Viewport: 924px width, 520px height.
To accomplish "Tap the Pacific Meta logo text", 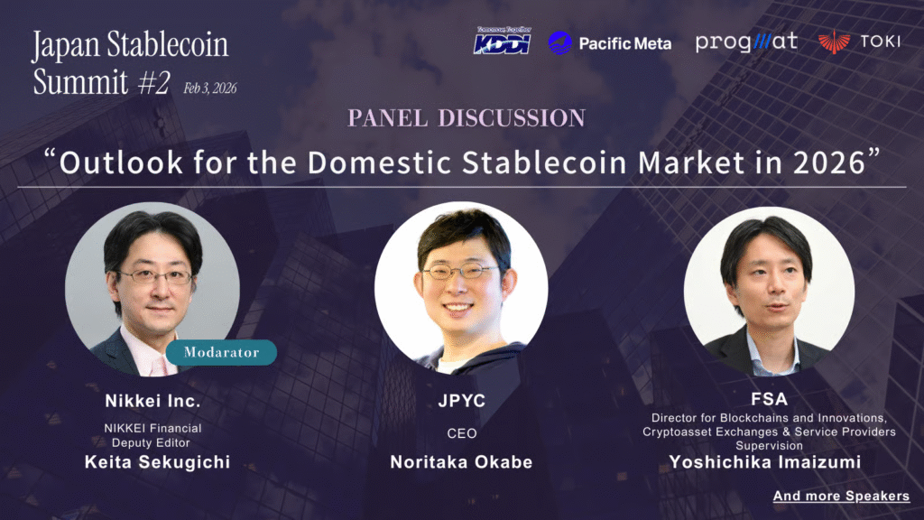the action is tap(624, 43).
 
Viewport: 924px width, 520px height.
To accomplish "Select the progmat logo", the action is tap(746, 42).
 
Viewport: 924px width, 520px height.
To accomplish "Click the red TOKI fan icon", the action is tap(834, 42).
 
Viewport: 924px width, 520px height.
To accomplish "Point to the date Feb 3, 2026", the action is tap(209, 88).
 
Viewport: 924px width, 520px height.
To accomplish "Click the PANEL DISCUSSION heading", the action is tap(467, 118).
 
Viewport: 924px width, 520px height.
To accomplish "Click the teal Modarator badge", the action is tap(221, 352).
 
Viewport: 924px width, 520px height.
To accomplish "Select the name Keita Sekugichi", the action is tap(157, 461).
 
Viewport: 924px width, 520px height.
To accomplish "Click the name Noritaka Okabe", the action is tap(461, 461).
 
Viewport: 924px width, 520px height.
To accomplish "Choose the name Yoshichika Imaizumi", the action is tap(765, 461).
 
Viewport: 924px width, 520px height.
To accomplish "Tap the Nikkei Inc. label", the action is tap(152, 401).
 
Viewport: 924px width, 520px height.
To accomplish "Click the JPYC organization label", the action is tap(462, 401).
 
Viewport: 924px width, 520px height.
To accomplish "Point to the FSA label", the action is tap(769, 399).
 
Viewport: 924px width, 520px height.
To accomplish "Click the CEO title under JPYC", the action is tap(462, 433).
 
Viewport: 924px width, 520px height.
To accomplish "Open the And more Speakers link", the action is tap(841, 496).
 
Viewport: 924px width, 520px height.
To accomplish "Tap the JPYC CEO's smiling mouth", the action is tap(457, 308).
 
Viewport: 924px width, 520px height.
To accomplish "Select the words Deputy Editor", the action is tap(151, 442).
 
